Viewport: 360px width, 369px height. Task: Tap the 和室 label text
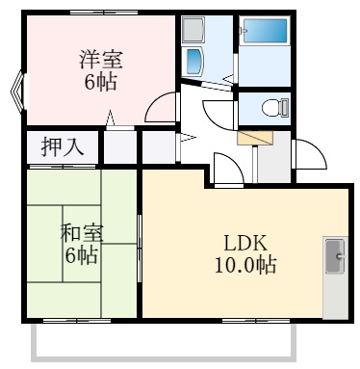(x=81, y=234)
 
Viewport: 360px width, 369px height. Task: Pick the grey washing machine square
(x=193, y=27)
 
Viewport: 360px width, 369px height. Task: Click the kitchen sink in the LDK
(x=337, y=257)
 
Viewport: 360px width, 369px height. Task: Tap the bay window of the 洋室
(x=16, y=93)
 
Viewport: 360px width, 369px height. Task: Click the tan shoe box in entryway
(x=254, y=137)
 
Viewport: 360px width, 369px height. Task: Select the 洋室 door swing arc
(x=161, y=107)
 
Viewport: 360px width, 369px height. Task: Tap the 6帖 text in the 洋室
(x=100, y=83)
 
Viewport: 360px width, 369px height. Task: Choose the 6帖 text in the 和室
(x=81, y=256)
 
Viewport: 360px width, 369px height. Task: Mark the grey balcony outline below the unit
(x=165, y=355)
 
